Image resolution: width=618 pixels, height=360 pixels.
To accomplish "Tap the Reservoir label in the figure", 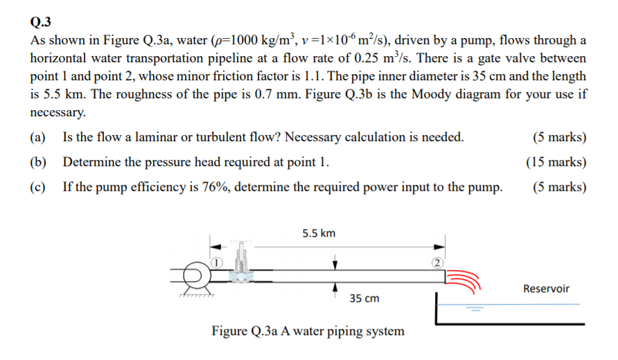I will (x=546, y=288).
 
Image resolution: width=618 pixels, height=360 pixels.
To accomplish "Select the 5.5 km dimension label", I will (x=319, y=233).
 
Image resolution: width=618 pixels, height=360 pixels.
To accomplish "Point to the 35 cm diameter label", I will (x=364, y=298).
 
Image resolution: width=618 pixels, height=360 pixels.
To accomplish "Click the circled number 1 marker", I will (x=216, y=262).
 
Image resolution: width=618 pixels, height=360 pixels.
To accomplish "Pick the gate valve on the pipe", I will (x=240, y=266).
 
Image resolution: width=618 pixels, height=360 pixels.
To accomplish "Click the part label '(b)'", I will (x=38, y=163).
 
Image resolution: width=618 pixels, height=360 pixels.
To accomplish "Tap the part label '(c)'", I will (x=38, y=187).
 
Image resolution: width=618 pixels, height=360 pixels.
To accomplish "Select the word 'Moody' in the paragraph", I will (x=434, y=94).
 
